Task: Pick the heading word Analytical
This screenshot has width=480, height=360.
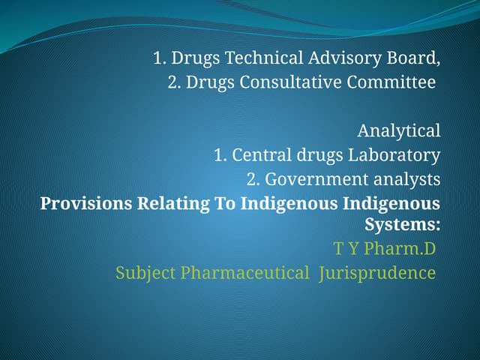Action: (x=398, y=131)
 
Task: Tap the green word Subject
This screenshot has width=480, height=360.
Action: (x=145, y=272)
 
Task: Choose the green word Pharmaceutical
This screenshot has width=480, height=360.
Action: (x=244, y=272)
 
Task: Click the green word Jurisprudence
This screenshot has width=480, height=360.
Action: (x=376, y=272)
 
